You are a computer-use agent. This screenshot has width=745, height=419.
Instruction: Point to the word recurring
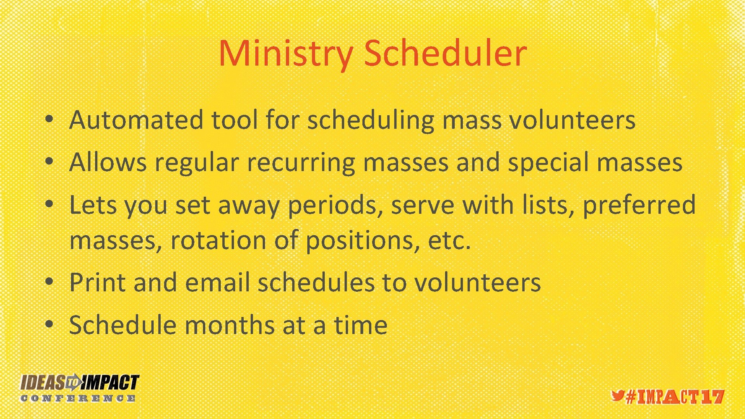[x=301, y=163]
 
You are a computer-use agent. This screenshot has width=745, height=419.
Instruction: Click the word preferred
[x=639, y=206]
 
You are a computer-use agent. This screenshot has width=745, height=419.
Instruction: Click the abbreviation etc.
[x=449, y=241]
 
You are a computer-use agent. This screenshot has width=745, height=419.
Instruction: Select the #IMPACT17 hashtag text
[x=675, y=397]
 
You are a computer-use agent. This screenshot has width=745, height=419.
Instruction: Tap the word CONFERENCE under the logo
[x=78, y=398]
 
